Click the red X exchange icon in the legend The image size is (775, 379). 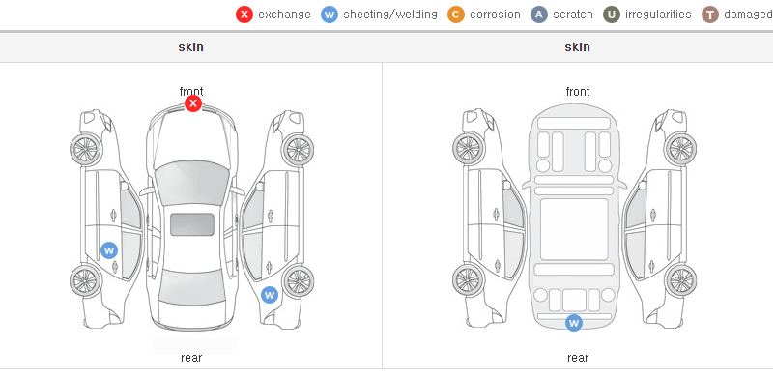244,15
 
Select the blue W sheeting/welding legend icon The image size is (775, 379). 330,15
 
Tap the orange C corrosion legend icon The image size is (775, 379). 456,15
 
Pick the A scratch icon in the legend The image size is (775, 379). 539,15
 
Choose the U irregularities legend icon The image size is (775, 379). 612,15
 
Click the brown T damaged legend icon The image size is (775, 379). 709,15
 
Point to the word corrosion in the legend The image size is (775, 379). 496,15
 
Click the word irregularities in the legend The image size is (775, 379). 658,15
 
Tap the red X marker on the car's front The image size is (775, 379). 193,103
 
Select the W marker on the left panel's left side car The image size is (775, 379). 109,250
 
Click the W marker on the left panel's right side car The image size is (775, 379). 270,296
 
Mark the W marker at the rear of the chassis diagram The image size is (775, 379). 574,323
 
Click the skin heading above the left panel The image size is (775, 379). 190,47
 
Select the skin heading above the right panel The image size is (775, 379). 577,47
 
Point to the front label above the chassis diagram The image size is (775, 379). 578,92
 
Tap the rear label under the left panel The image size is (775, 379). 191,358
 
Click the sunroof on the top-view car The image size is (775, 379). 192,224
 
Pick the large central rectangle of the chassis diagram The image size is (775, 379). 574,229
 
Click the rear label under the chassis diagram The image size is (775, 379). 578,358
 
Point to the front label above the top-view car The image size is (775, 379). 191,92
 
